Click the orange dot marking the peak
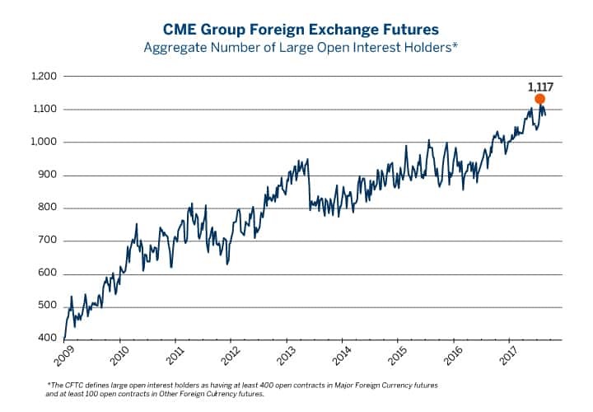pos(539,99)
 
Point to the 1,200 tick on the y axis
pos(44,77)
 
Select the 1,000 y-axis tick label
pos(44,143)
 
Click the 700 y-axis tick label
pos(47,241)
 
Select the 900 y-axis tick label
pos(47,176)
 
